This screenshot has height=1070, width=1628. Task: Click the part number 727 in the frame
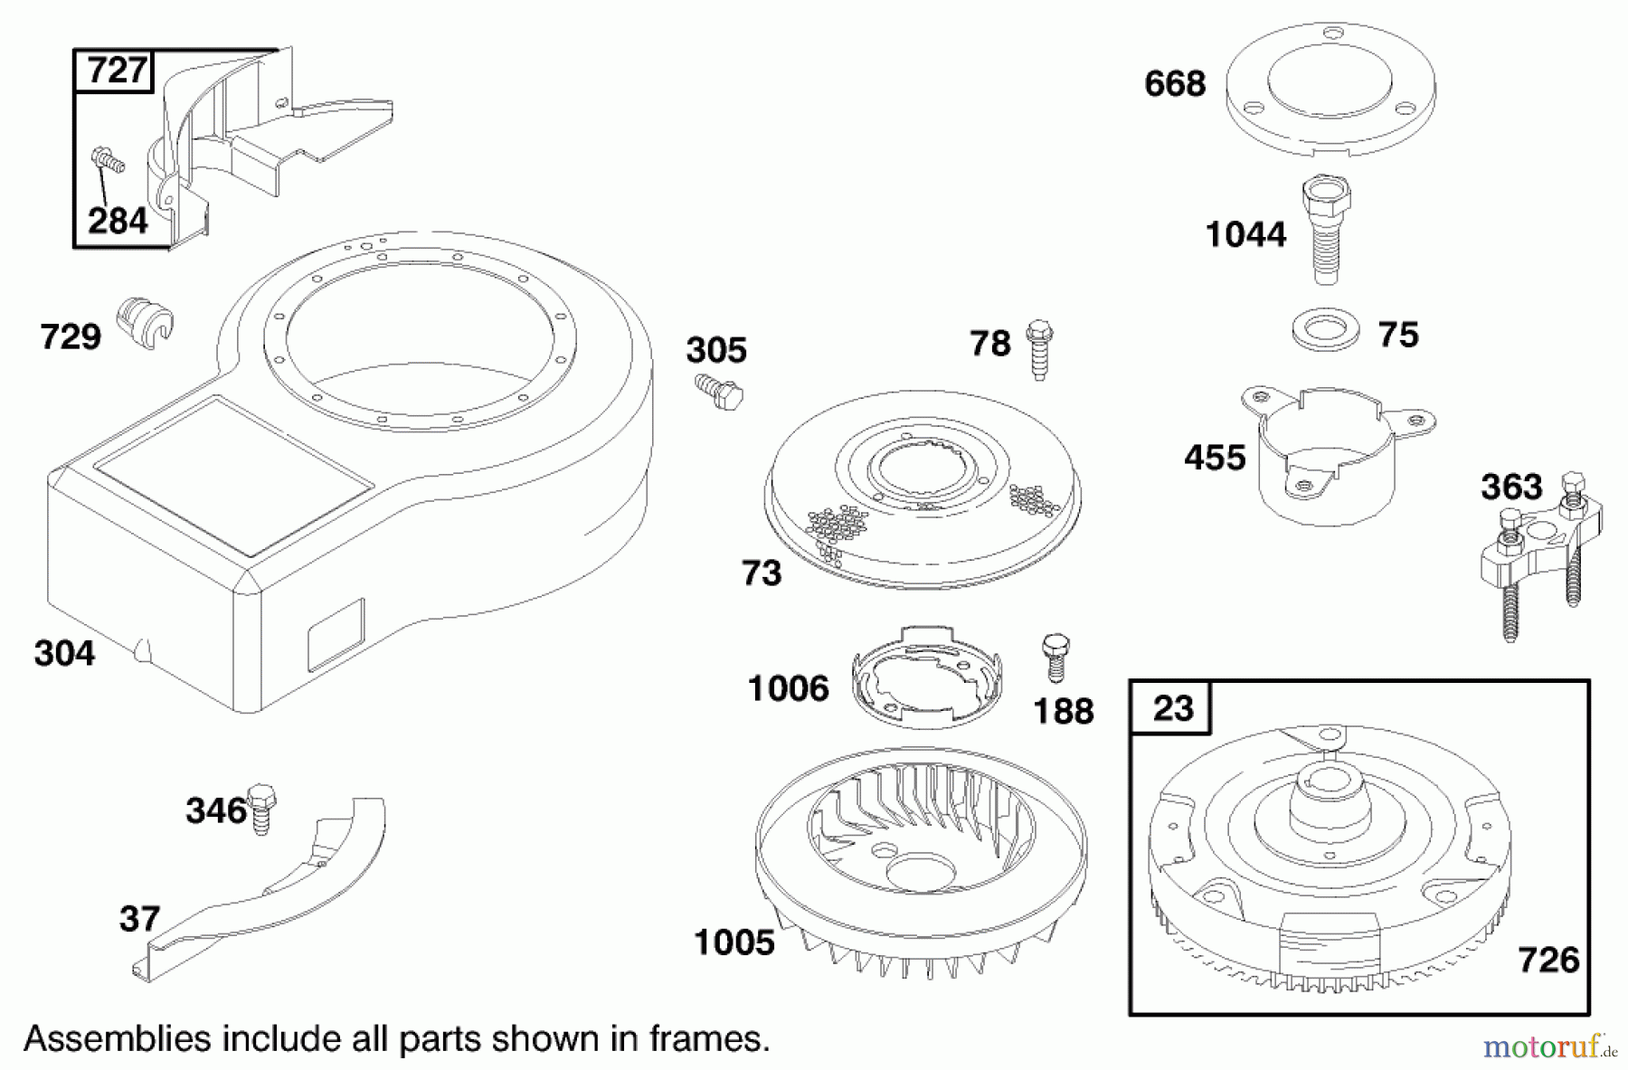coord(118,71)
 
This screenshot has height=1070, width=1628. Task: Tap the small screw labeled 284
coord(108,163)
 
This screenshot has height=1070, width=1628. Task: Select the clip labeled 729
coord(145,323)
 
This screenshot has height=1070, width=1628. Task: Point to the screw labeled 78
coord(1039,349)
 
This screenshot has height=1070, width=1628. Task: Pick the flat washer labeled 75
coord(1325,331)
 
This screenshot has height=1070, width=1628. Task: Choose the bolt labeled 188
coord(1055,657)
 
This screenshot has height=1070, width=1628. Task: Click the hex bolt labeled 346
coord(260,808)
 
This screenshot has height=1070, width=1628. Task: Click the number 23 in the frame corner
coord(1172,706)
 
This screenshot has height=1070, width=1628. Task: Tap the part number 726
coord(1548,959)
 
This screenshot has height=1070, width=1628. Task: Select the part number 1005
coord(734,942)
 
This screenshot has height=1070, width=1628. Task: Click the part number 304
coord(64,652)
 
